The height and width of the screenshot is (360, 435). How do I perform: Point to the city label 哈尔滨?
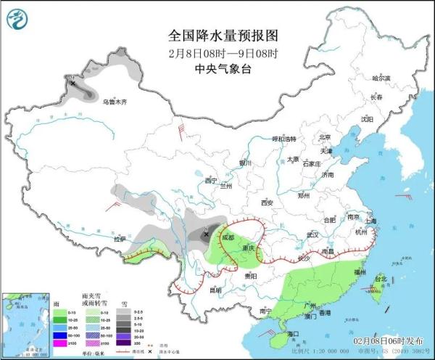point(381,78)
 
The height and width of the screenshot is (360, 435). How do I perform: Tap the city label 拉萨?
point(120,239)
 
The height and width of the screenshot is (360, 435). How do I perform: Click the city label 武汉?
point(312,234)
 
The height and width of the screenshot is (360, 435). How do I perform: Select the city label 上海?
point(371,221)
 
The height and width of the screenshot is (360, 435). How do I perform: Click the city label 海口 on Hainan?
point(294,333)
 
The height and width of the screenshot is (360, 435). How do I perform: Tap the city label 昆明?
point(215,290)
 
